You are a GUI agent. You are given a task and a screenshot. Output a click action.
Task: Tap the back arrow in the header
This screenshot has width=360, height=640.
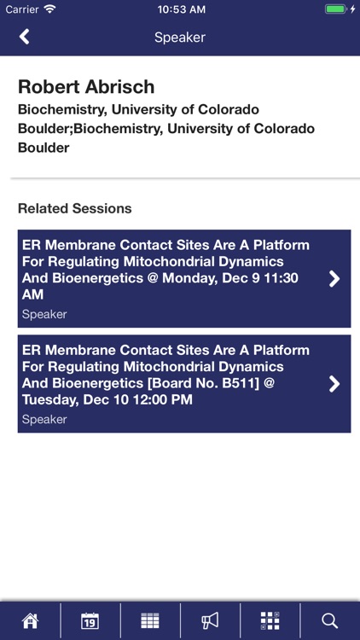click(x=24, y=37)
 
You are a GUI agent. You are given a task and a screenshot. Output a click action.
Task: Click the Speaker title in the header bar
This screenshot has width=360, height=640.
click(x=180, y=38)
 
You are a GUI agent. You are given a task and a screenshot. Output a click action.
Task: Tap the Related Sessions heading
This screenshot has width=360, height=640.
click(x=75, y=208)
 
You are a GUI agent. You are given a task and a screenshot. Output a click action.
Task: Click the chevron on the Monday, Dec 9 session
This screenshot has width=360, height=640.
click(x=334, y=278)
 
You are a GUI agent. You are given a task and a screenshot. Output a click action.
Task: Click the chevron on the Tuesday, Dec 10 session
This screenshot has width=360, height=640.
click(x=334, y=383)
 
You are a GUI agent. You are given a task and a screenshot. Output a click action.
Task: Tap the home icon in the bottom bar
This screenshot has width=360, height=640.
click(x=30, y=620)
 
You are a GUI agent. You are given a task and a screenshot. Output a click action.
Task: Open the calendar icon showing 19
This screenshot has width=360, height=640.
click(x=90, y=620)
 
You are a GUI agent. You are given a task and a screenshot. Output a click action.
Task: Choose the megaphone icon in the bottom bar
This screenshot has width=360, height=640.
click(x=210, y=620)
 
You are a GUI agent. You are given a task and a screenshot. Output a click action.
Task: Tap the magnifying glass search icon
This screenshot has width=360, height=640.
click(x=330, y=620)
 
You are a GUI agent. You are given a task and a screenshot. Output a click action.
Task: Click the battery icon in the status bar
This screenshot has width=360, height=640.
click(x=336, y=9)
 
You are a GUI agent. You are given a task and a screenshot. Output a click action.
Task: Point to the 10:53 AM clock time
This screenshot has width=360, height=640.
click(x=181, y=9)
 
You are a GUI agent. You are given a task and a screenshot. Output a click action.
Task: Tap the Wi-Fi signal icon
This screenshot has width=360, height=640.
click(x=50, y=9)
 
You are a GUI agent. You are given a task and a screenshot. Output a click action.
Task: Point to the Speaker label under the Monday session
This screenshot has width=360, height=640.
click(x=44, y=314)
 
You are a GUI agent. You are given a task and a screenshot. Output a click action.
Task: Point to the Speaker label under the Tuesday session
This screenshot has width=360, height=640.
click(x=44, y=419)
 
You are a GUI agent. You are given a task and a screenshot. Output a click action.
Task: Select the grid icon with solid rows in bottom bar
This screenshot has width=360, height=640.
click(x=150, y=620)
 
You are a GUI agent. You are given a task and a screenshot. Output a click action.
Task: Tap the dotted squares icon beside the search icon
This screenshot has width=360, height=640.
click(x=270, y=620)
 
